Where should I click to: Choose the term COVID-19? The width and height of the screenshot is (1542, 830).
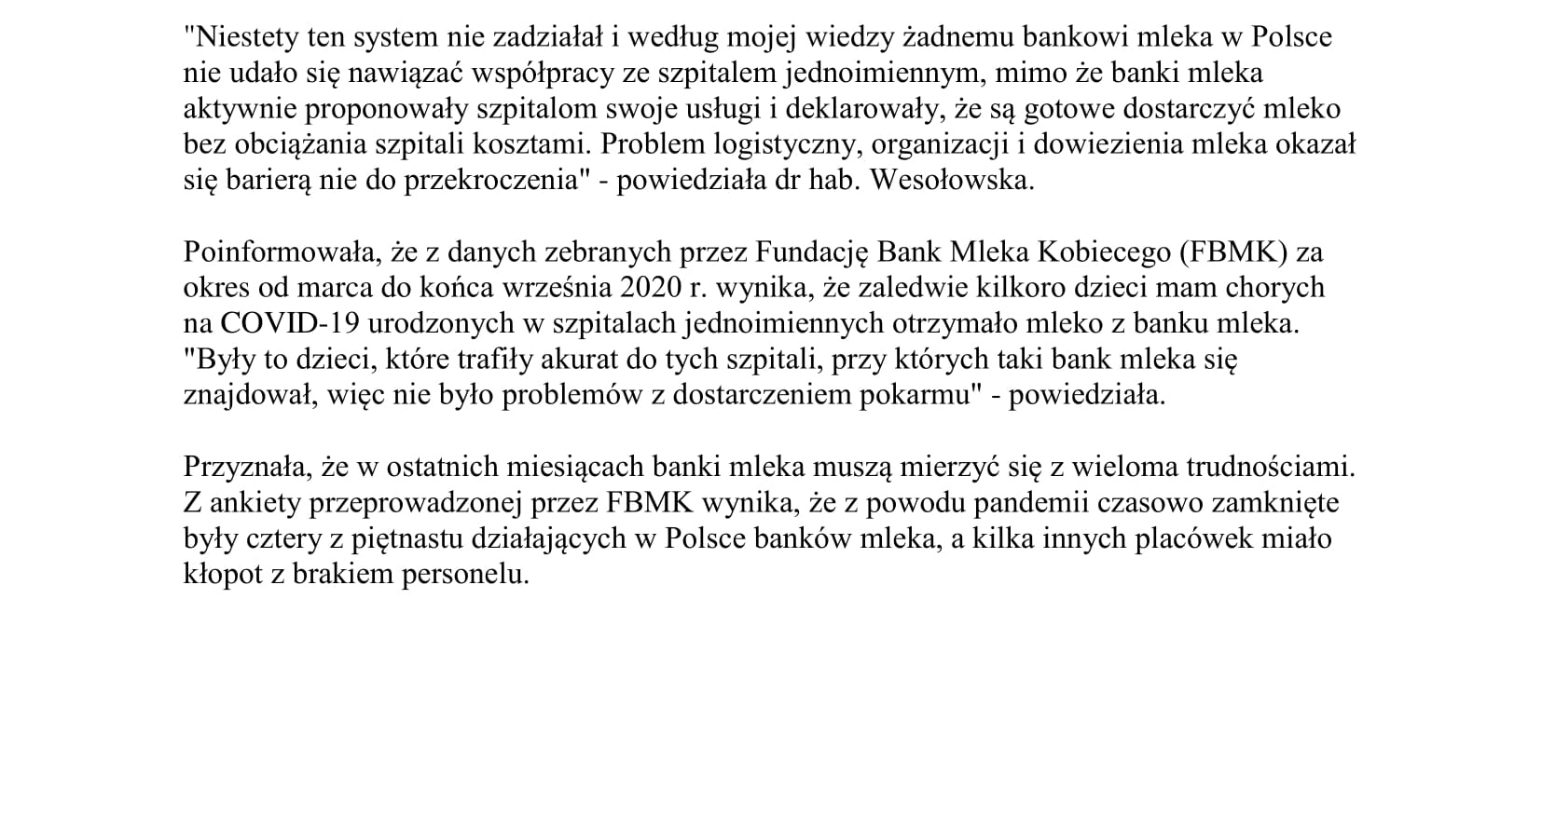click(x=289, y=323)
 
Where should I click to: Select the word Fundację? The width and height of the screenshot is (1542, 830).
click(x=812, y=252)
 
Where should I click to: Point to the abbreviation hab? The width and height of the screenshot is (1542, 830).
click(x=834, y=180)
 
